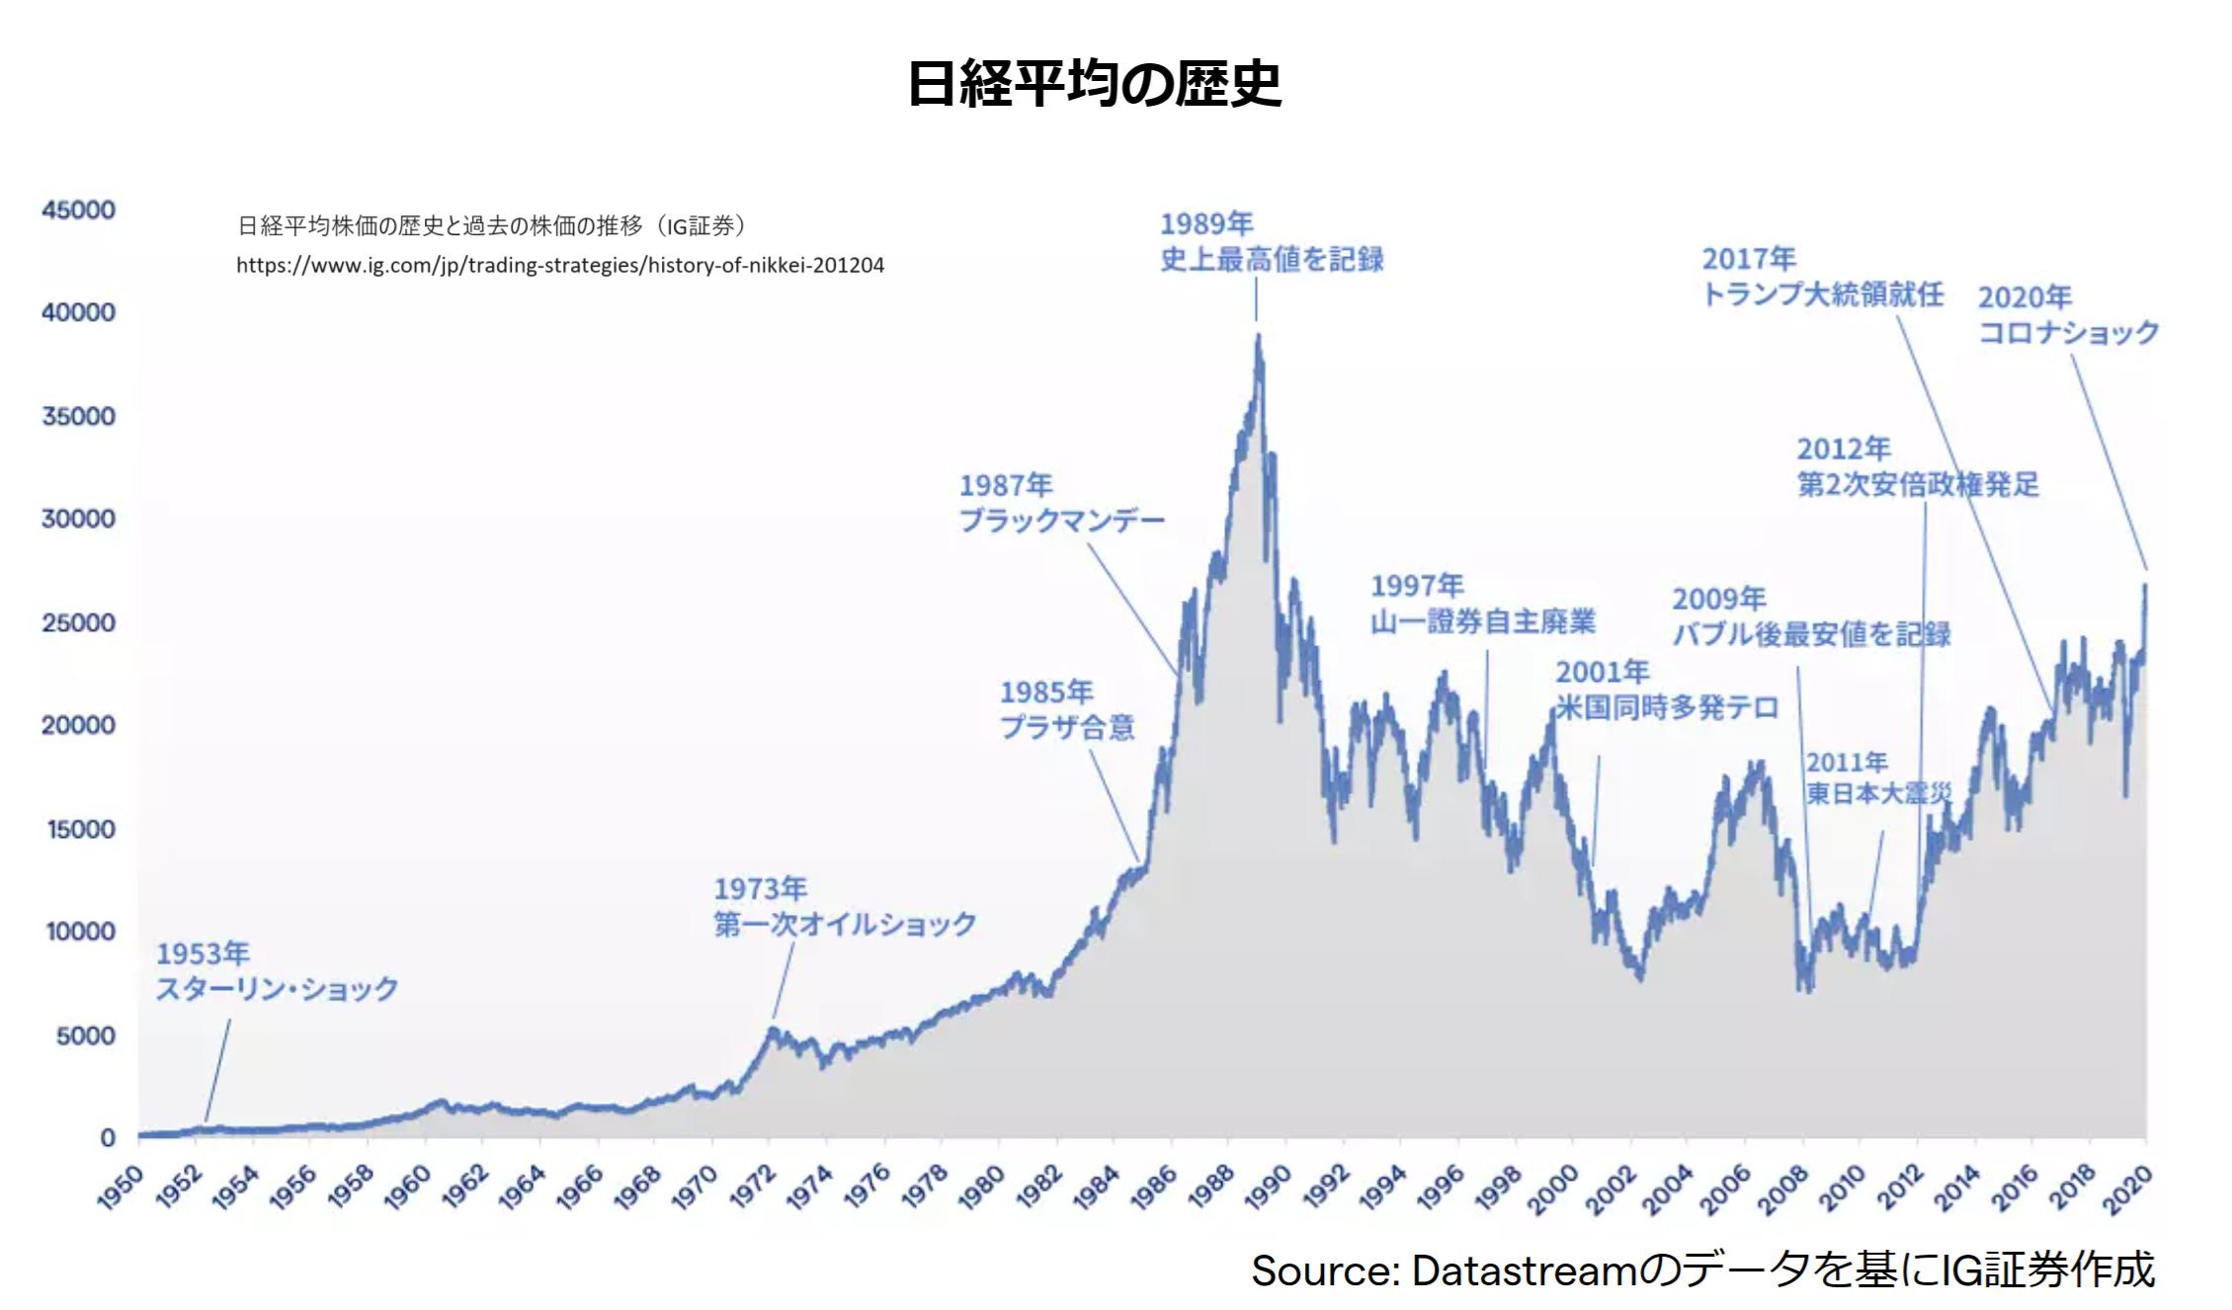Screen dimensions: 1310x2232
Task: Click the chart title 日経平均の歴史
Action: (1094, 84)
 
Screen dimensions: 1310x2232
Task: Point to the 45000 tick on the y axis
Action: (78, 209)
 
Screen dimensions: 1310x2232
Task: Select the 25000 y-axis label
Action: (78, 622)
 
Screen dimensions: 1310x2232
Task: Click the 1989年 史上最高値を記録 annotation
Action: (1271, 242)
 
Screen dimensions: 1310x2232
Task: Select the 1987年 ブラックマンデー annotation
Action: (1061, 503)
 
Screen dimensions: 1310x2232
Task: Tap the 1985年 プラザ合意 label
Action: (1067, 709)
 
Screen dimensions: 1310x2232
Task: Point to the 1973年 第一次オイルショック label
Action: (845, 906)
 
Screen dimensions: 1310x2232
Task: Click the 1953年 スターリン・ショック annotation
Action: (277, 971)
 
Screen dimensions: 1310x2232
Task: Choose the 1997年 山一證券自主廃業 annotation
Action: (1482, 604)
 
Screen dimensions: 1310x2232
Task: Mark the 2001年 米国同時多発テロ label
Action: (1667, 690)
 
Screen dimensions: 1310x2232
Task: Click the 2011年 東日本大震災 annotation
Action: (1878, 778)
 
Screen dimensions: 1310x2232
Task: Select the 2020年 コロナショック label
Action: (2067, 314)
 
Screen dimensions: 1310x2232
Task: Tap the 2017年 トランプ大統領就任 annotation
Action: (1822, 277)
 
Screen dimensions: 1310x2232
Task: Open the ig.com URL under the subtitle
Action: (559, 265)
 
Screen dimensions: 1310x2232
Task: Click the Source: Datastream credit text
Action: (1701, 1270)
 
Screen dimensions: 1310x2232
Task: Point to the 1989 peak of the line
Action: (1258, 336)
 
